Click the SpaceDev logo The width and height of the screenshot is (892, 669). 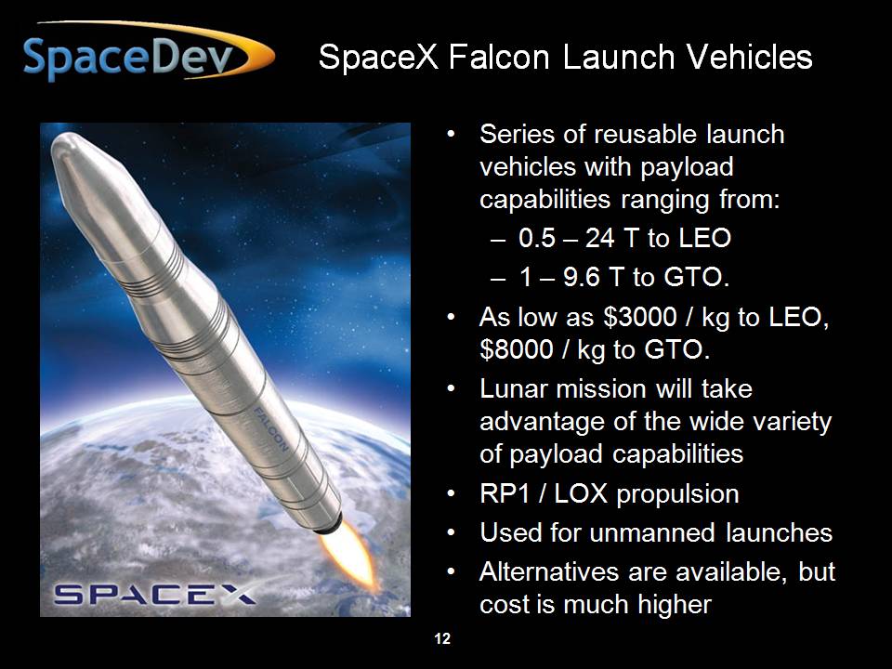coord(148,52)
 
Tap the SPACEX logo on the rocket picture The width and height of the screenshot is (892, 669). coord(154,594)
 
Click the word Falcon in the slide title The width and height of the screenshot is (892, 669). coord(499,58)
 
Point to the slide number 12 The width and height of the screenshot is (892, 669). coord(442,639)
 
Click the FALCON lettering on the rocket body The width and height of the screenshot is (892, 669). coord(270,429)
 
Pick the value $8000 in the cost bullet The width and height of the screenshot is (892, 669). coord(516,349)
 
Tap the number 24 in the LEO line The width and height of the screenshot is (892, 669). coord(599,238)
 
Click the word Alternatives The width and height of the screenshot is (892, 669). coord(549,571)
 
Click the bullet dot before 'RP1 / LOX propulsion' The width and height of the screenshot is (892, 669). coord(451,493)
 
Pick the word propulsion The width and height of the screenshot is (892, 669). coord(678,494)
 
